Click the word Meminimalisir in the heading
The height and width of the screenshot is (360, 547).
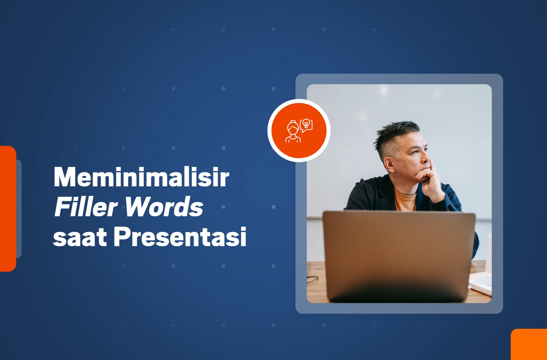click(x=141, y=177)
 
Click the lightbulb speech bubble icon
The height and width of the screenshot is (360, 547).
click(x=306, y=125)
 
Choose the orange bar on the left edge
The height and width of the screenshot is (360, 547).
click(x=8, y=209)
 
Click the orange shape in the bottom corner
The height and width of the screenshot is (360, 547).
click(x=529, y=344)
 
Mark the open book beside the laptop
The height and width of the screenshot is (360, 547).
click(x=481, y=283)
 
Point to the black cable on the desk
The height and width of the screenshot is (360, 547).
click(x=312, y=279)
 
